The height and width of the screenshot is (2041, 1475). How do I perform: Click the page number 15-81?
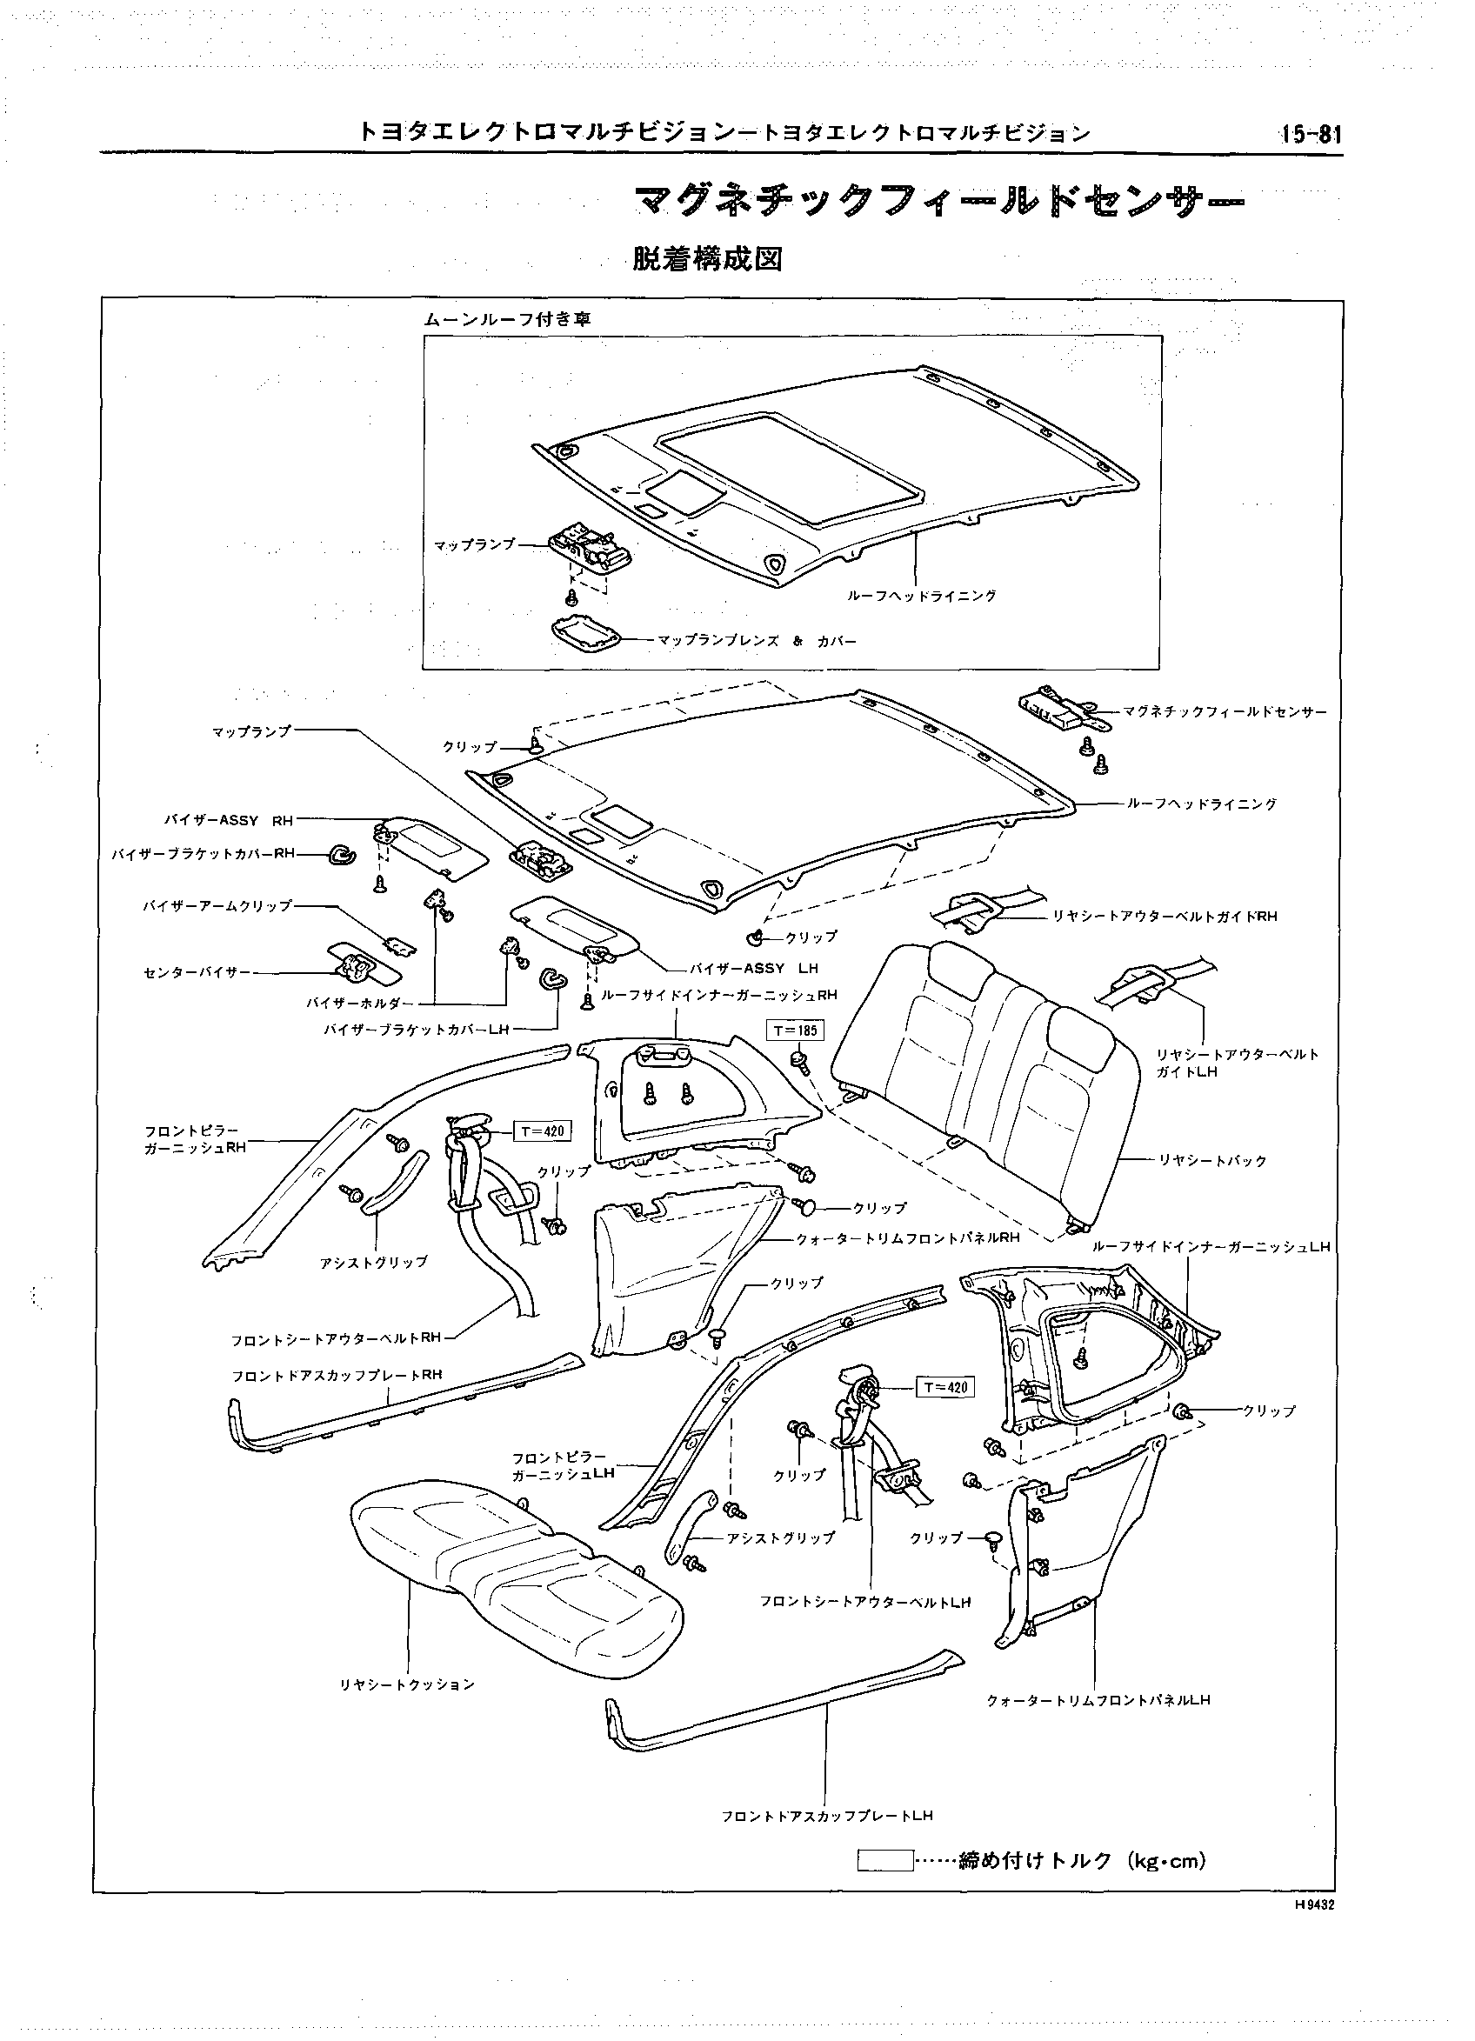(1311, 134)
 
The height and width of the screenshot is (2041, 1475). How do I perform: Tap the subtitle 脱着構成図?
(707, 259)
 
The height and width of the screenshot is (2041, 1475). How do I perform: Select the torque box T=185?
(795, 1030)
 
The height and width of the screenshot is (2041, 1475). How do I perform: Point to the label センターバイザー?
(197, 973)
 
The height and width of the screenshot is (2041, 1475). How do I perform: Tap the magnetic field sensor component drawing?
(1058, 707)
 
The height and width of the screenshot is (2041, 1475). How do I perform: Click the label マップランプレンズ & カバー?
(757, 642)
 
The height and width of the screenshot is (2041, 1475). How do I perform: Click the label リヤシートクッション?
(407, 1684)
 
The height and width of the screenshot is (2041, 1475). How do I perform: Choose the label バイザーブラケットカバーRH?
(204, 853)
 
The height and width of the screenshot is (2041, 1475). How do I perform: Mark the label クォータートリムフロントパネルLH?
(1098, 1700)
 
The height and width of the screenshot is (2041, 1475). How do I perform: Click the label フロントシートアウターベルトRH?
(336, 1337)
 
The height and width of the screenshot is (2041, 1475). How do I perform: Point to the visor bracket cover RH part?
(342, 856)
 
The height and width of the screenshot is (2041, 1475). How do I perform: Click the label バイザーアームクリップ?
(217, 905)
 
